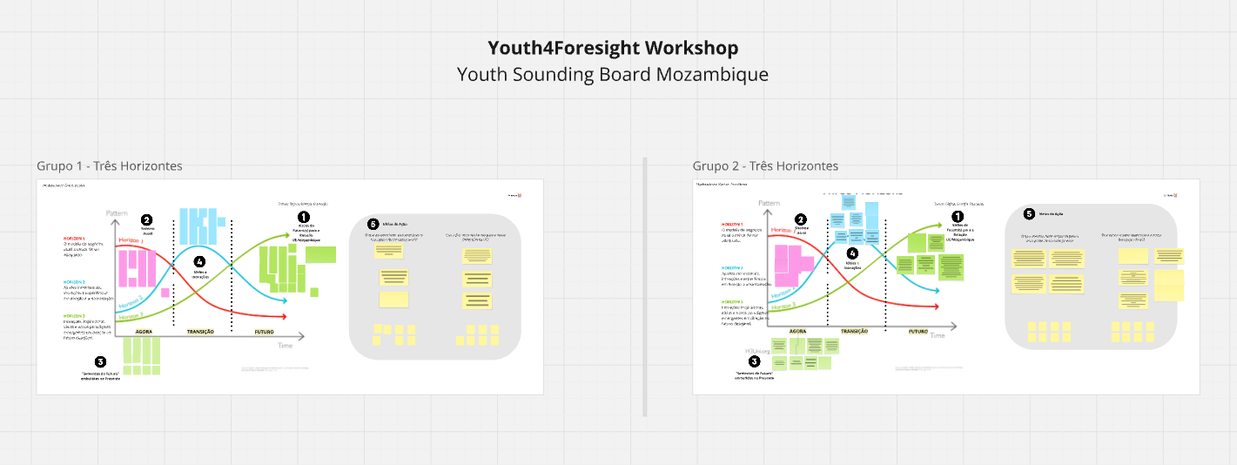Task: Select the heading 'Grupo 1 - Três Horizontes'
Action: [110, 165]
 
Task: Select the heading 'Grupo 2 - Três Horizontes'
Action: [765, 165]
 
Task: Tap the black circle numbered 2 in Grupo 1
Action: [146, 221]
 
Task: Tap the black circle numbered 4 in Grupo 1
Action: [199, 261]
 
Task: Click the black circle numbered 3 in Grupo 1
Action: [100, 362]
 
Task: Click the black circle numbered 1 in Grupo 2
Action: [958, 216]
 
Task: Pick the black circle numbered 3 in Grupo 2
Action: [755, 361]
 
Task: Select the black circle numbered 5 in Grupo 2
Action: [1029, 213]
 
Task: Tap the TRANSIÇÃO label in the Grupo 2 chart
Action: [855, 332]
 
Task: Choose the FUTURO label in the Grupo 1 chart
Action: [266, 332]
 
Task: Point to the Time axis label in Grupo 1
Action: [285, 346]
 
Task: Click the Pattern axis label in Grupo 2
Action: [769, 204]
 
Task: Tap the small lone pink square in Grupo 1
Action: [165, 293]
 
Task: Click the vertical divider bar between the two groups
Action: [644, 287]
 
